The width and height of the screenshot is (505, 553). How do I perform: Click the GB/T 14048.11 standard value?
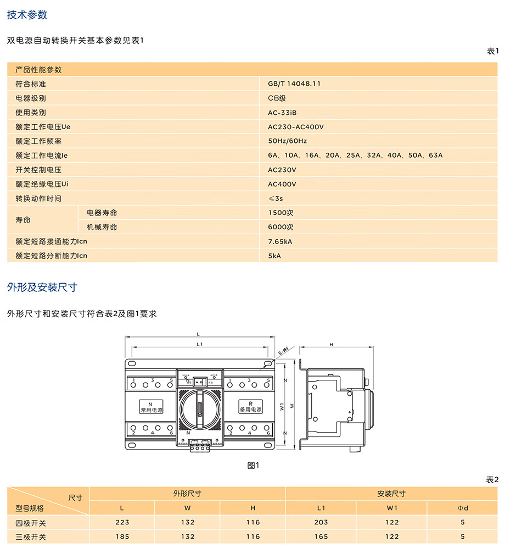(x=294, y=84)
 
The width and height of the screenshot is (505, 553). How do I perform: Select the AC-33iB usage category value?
(x=282, y=113)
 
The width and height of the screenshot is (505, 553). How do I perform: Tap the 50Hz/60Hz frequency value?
(x=288, y=141)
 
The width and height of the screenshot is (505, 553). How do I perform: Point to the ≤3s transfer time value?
(x=275, y=198)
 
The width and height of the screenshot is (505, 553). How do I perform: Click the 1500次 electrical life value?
(x=280, y=213)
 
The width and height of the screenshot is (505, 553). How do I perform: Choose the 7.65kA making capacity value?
(x=280, y=241)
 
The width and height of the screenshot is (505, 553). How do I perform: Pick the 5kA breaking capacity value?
(x=274, y=256)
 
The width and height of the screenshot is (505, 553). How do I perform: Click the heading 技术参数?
(x=27, y=15)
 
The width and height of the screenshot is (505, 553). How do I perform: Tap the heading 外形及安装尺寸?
(x=42, y=287)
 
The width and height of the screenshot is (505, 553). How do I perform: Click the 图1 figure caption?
(x=253, y=465)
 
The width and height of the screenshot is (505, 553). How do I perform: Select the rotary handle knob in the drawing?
(x=201, y=408)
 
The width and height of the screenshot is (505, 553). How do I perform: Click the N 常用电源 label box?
(x=149, y=407)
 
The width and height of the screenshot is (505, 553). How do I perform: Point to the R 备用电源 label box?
(x=250, y=407)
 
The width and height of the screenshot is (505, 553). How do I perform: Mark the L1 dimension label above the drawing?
(x=200, y=344)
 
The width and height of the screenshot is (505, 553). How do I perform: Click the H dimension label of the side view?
(x=331, y=345)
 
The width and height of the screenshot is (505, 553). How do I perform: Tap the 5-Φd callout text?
(x=283, y=350)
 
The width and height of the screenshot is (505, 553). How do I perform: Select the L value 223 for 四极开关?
(x=122, y=522)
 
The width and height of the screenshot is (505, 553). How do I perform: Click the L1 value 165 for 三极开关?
(x=321, y=537)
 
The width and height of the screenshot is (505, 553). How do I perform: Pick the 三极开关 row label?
(x=31, y=537)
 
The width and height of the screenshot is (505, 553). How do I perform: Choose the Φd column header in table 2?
(x=463, y=508)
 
